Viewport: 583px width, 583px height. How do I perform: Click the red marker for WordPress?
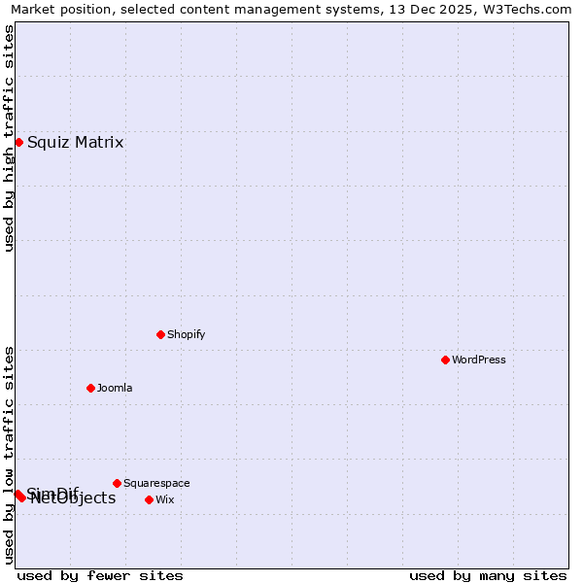pos(445,360)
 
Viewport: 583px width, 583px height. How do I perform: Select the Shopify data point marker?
pos(160,334)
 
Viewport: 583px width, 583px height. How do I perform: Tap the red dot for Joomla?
pos(90,388)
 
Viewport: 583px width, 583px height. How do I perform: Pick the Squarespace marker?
pos(117,483)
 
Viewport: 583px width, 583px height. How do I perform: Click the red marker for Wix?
pos(149,499)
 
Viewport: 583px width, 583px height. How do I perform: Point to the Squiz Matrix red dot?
pos(18,143)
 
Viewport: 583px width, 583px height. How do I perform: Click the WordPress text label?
pos(479,360)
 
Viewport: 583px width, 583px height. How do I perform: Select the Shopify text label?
pos(187,334)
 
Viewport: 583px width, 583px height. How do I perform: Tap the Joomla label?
pos(115,388)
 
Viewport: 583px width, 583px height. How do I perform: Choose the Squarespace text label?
pos(156,483)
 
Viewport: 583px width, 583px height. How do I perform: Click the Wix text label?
pos(165,499)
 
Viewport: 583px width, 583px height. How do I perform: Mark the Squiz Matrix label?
pos(76,143)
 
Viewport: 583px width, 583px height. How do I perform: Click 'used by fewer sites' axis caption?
pos(100,575)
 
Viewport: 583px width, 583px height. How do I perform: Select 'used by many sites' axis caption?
pos(488,575)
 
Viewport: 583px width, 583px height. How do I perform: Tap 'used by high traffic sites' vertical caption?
pos(9,138)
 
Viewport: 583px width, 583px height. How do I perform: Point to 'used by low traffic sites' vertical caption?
pos(9,455)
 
